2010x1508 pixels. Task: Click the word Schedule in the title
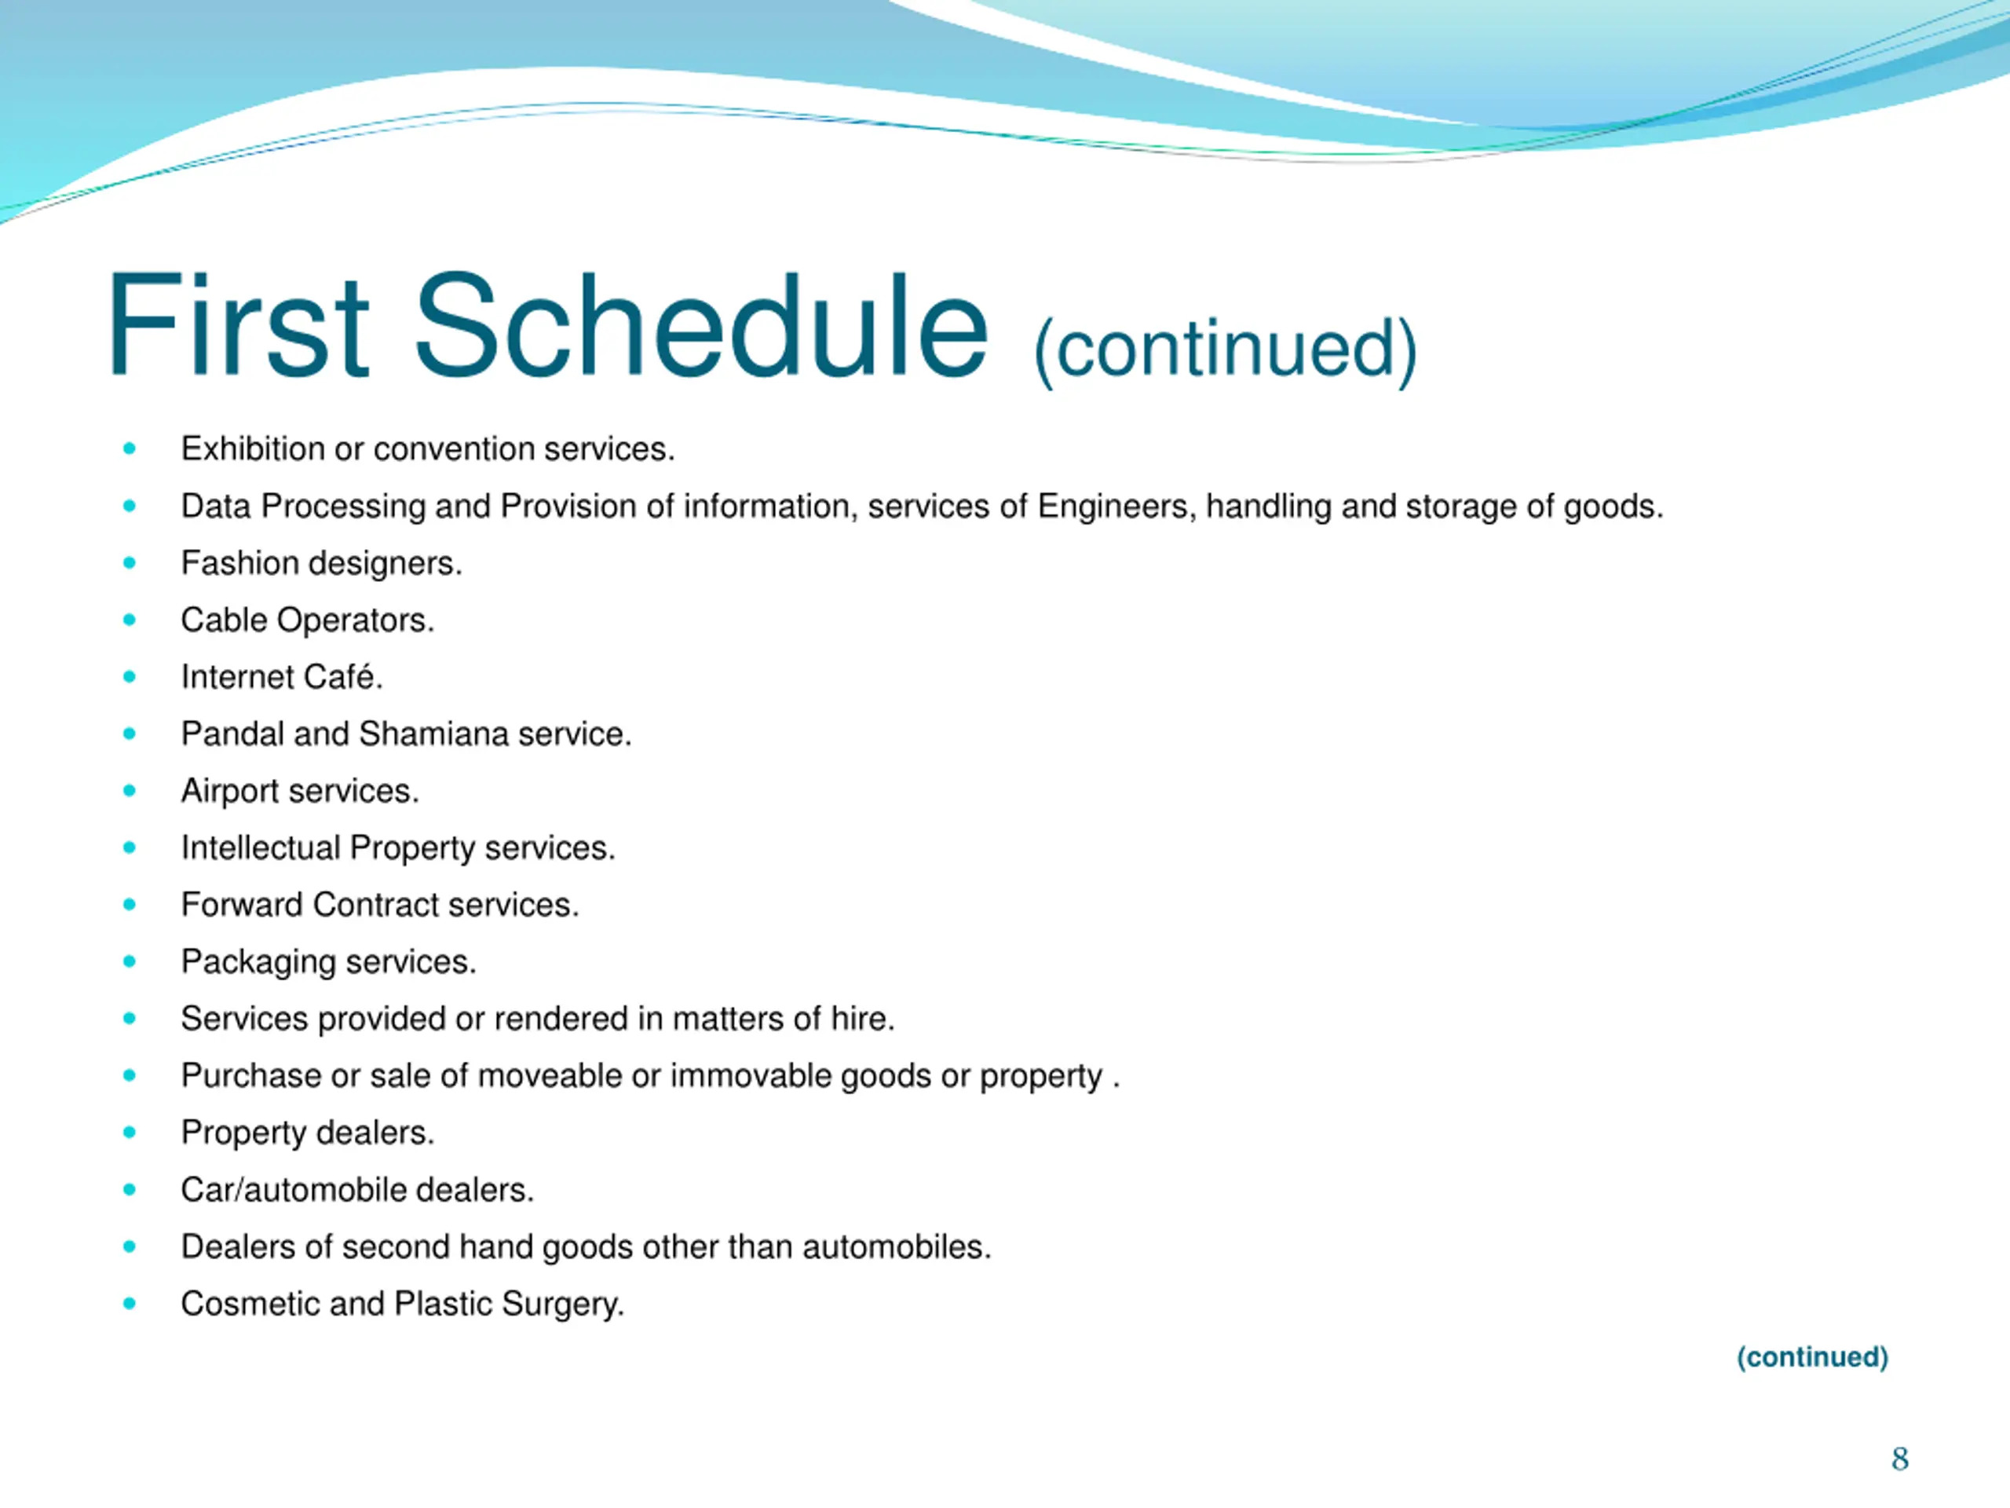point(700,324)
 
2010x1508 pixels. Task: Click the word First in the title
point(238,324)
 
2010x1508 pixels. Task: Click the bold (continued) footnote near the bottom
point(1812,1357)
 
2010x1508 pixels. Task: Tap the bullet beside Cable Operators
point(130,620)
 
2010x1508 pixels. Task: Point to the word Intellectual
point(261,848)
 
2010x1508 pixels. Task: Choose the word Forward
point(242,906)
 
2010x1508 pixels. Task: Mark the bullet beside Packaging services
point(130,961)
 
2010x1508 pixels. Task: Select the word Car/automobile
point(294,1190)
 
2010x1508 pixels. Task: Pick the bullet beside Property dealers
point(130,1133)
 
